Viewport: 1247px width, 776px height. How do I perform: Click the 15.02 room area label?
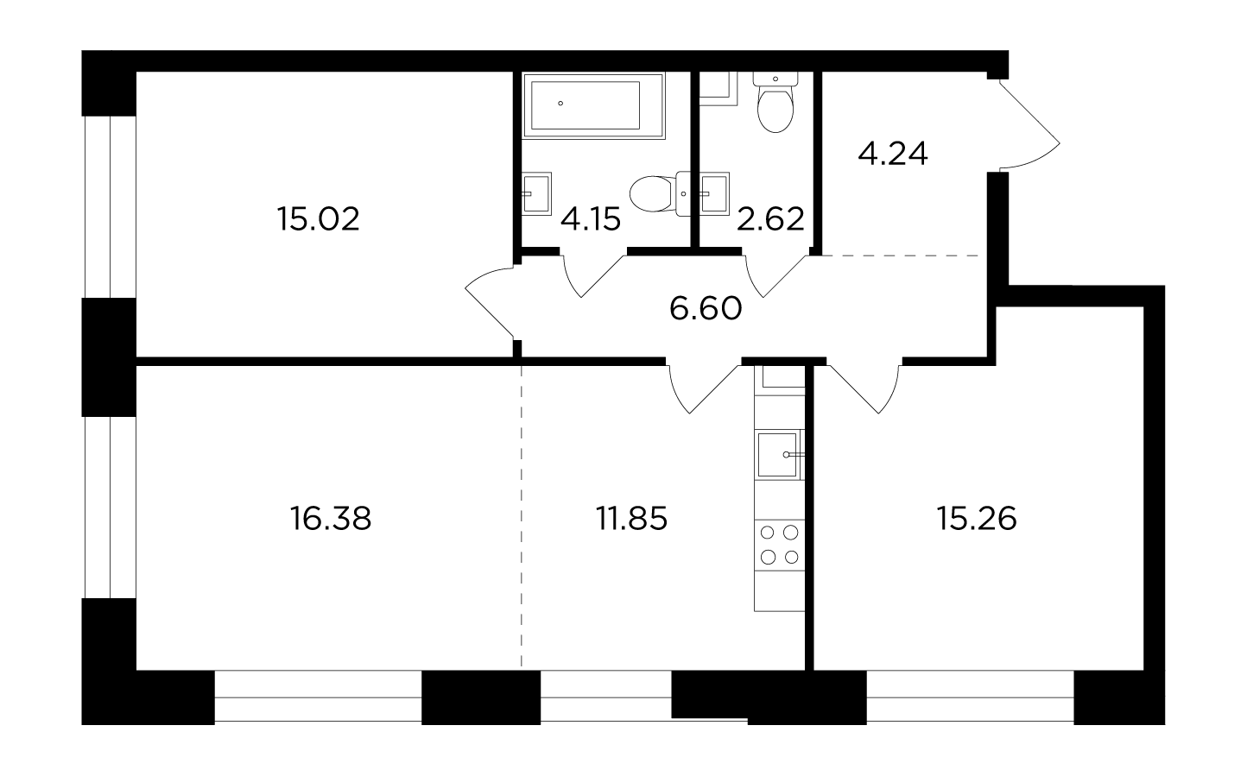(x=319, y=218)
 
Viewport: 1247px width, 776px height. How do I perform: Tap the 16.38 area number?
(x=331, y=519)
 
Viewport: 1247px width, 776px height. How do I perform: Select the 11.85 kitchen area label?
(x=632, y=519)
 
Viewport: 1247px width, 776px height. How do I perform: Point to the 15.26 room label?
(x=977, y=519)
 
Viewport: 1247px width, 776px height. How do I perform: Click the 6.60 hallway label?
(x=706, y=309)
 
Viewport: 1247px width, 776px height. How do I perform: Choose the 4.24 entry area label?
(x=893, y=155)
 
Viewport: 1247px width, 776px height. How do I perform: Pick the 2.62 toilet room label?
(x=770, y=218)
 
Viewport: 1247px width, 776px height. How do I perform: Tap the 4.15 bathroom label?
(x=591, y=218)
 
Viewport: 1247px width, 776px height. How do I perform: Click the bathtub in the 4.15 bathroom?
(x=594, y=105)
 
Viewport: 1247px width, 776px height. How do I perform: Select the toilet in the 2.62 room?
(x=775, y=103)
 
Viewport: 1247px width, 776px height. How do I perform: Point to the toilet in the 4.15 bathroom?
(x=661, y=193)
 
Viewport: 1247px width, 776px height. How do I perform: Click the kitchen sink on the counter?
(x=779, y=455)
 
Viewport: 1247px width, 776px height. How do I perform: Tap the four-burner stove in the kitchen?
(x=779, y=546)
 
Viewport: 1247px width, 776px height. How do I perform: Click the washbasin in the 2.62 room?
(x=715, y=193)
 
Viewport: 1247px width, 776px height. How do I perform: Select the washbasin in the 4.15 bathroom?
(x=536, y=193)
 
